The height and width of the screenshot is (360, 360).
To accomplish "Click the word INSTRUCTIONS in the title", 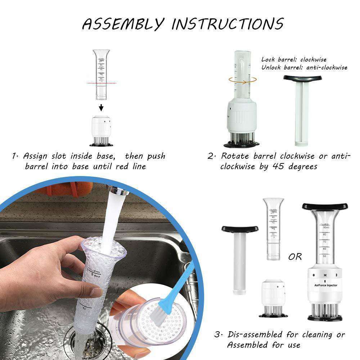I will pyautogui.click(x=227, y=24).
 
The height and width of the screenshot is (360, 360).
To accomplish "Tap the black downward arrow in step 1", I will pyautogui.click(x=102, y=108).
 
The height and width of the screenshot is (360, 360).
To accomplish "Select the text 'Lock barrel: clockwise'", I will pyautogui.click(x=294, y=59).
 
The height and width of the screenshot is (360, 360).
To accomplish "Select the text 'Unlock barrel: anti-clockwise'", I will pyautogui.click(x=304, y=67).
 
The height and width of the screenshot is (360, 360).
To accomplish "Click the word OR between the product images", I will pyautogui.click(x=295, y=257).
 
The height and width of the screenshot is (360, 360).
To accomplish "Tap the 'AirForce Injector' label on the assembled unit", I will pyautogui.click(x=325, y=285).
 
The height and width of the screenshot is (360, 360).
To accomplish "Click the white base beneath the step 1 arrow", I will pyautogui.click(x=101, y=126).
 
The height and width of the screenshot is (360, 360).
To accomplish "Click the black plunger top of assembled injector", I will pyautogui.click(x=325, y=206).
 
